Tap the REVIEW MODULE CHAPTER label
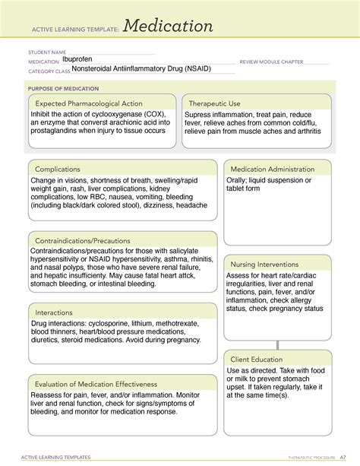pyautogui.click(x=271, y=62)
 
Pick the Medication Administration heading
pyautogui.click(x=272, y=169)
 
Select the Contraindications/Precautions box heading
pyautogui.click(x=83, y=241)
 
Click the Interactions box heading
pyautogui.click(x=58, y=312)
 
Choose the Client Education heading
pyautogui.click(x=256, y=359)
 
